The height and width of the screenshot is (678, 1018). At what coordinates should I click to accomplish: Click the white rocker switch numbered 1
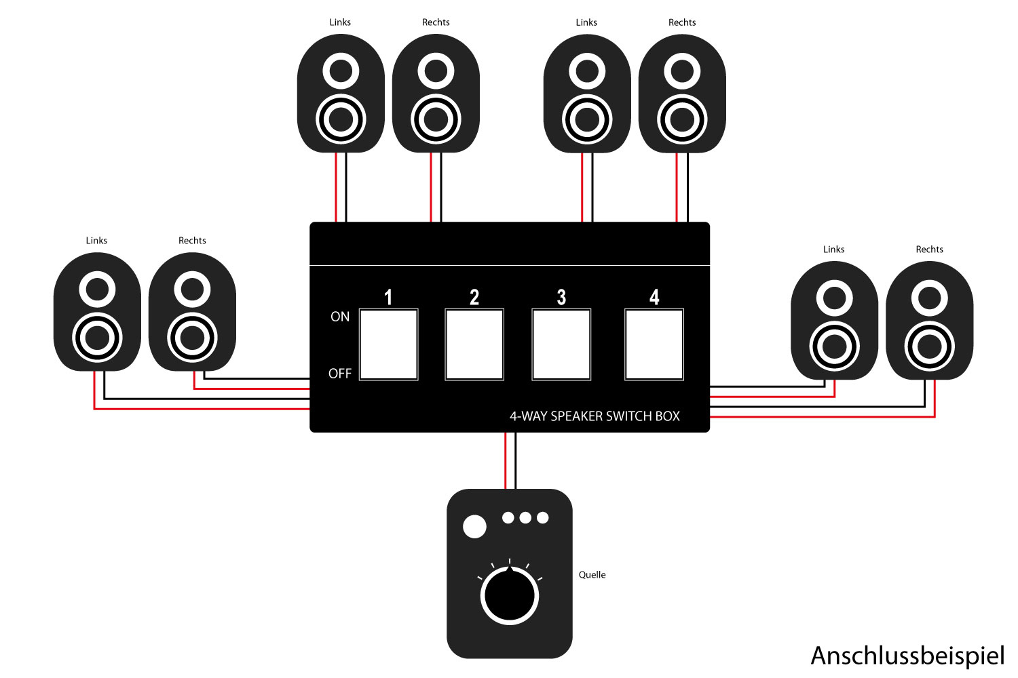pyautogui.click(x=388, y=344)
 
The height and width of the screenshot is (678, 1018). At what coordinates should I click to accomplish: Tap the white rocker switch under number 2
pyautogui.click(x=474, y=344)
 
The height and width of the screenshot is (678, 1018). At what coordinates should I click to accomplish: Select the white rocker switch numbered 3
pyautogui.click(x=561, y=344)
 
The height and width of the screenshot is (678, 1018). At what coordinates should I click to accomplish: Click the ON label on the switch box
pyautogui.click(x=340, y=317)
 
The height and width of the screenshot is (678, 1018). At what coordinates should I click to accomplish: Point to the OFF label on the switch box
pyautogui.click(x=340, y=374)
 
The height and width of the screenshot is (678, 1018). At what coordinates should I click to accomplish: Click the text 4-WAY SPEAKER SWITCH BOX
pyautogui.click(x=595, y=416)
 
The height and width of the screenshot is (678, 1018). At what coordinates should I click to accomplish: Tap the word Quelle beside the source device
pyautogui.click(x=592, y=575)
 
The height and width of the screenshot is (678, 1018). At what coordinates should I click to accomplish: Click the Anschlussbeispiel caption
pyautogui.click(x=907, y=656)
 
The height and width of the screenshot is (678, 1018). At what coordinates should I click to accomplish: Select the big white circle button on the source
pyautogui.click(x=474, y=526)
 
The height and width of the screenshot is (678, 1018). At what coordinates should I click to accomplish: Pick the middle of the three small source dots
pyautogui.click(x=525, y=518)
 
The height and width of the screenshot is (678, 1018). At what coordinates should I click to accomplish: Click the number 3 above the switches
pyautogui.click(x=561, y=297)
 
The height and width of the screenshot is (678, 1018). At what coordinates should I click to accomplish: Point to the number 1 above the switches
pyautogui.click(x=388, y=297)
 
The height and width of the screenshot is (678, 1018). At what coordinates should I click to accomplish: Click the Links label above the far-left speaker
pyautogui.click(x=96, y=241)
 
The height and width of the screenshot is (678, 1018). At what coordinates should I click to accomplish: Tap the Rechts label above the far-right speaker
pyautogui.click(x=929, y=250)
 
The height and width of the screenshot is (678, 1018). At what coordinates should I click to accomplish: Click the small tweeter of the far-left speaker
pyautogui.click(x=97, y=290)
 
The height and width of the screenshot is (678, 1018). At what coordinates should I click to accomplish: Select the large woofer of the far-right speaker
pyautogui.click(x=929, y=347)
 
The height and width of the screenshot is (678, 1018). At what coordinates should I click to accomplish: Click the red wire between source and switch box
pyautogui.click(x=506, y=461)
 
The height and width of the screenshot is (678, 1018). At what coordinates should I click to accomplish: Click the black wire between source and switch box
pyautogui.click(x=515, y=461)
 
